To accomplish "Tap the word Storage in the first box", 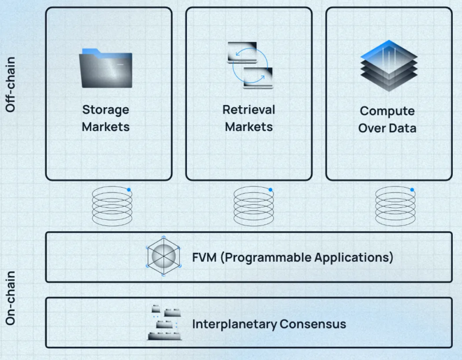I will [x=105, y=110].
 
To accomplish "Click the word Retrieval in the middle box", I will [x=248, y=110].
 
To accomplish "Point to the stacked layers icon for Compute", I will [x=389, y=65].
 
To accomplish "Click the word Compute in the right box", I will [x=387, y=111].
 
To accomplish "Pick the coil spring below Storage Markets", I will [x=112, y=206].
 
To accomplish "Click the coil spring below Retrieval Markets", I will [x=253, y=206].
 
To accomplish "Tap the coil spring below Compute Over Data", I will [x=395, y=206].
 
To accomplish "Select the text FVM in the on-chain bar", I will [x=204, y=257].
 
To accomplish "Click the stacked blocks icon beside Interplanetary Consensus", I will [x=164, y=322].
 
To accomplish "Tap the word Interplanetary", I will [x=234, y=325].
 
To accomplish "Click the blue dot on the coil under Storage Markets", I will [x=129, y=190].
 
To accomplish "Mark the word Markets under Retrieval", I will [x=248, y=127].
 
